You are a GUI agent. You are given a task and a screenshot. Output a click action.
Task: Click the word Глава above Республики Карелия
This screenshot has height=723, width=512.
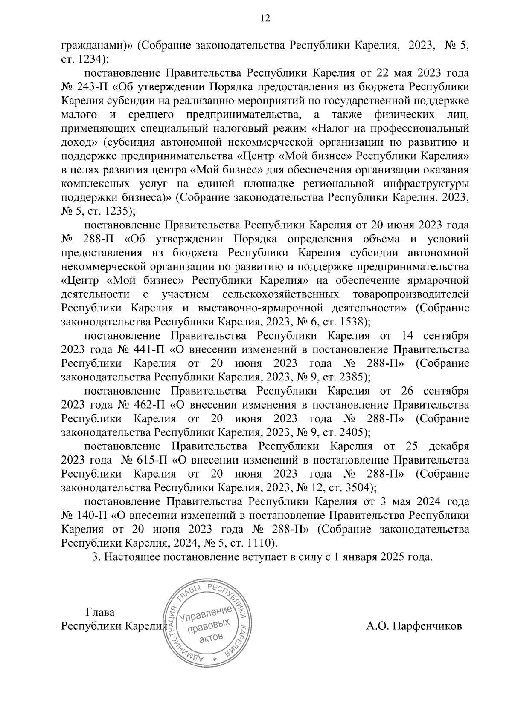tap(100, 612)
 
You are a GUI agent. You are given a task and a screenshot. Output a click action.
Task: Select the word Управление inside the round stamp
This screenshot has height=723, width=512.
tap(205, 614)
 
